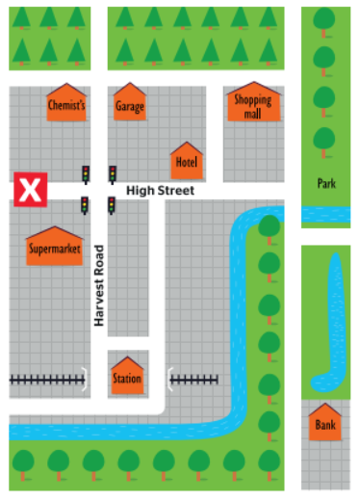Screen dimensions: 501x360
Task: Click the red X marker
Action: [30, 190]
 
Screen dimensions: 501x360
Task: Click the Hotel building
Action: [186, 161]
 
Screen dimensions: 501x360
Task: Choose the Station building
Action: [127, 376]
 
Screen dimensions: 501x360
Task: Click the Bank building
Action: [325, 422]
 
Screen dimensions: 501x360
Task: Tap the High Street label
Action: [160, 191]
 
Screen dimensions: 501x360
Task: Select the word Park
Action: [325, 182]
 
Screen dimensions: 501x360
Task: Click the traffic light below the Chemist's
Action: [85, 173]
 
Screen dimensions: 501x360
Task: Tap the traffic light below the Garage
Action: [113, 173]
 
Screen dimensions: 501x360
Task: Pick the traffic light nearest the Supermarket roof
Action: [85, 205]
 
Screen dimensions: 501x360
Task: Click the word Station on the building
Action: [127, 379]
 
